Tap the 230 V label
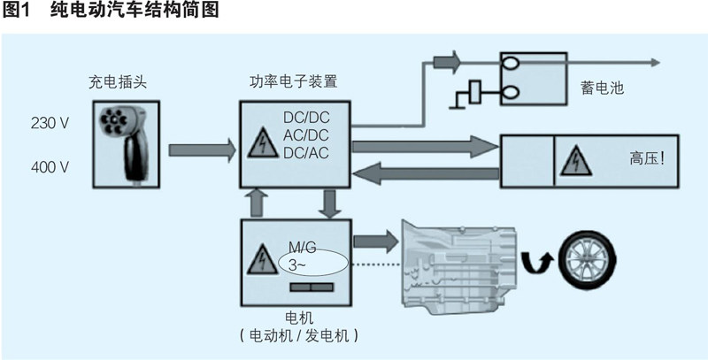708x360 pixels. (x=50, y=124)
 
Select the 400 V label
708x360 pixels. (x=50, y=165)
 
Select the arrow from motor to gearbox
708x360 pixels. (x=375, y=240)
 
